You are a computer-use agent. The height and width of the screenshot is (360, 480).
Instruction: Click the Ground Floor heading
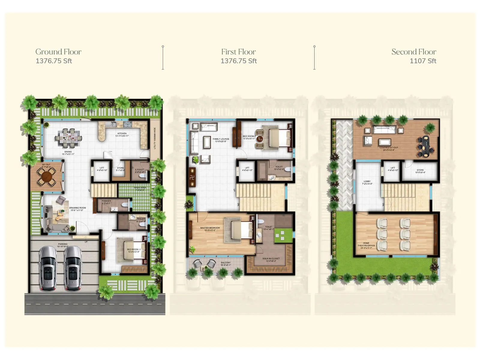58,52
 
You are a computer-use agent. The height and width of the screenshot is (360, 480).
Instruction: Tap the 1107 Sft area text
423,61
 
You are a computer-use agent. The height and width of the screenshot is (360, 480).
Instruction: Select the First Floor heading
238,52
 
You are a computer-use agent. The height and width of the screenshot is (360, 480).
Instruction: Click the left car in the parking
48,268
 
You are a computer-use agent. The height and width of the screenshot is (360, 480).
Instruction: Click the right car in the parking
73,268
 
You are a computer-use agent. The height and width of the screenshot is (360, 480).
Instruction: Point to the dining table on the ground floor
68,138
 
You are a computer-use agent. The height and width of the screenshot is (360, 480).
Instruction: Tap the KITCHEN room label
122,134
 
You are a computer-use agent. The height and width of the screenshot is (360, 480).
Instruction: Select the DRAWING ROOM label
77,208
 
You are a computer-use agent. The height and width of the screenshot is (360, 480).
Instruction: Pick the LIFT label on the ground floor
102,169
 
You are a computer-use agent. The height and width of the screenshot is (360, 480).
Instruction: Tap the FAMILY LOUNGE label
221,140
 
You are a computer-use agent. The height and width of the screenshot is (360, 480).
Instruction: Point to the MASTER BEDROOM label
210,229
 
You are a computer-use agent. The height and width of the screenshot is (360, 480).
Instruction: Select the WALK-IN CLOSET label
271,259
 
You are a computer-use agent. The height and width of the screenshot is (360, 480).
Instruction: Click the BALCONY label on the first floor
226,263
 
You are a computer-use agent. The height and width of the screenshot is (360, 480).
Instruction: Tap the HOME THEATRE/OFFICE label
366,245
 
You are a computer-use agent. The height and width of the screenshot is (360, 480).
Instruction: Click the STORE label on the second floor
420,171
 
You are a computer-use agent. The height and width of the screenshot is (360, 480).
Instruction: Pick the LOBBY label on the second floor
367,182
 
